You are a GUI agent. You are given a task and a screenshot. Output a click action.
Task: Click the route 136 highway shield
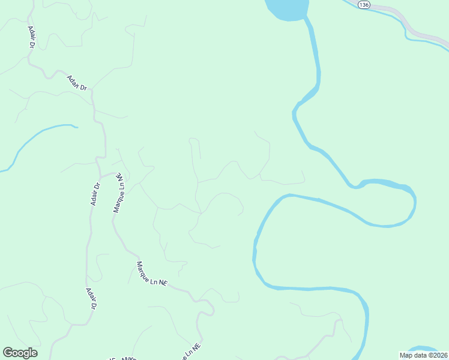pos(364,5)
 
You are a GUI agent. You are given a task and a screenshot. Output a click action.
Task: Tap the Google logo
pos(20,353)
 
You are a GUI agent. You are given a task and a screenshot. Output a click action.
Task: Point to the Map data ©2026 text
pos(424,355)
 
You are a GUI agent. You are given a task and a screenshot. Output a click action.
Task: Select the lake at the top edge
pos(287,9)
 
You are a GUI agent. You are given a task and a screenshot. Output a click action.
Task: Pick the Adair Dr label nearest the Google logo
pos(91,298)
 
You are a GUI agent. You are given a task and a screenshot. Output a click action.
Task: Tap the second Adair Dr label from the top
pos(77,83)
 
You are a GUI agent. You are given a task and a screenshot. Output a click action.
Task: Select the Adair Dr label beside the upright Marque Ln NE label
pos(95,194)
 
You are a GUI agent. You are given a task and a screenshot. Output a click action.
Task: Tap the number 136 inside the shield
pos(364,5)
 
